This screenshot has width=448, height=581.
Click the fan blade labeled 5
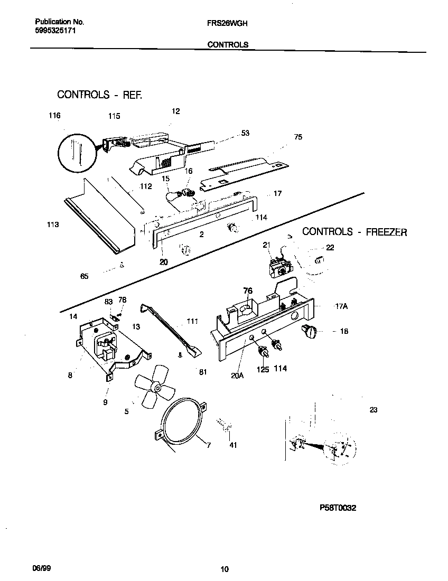153,388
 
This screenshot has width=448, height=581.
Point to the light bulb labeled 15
170,196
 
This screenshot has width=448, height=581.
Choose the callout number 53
245,134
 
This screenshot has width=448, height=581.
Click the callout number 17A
341,306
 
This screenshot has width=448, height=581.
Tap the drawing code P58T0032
338,508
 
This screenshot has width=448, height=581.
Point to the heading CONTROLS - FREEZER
354,232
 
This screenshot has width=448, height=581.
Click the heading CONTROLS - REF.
100,95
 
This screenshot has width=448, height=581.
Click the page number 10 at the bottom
225,569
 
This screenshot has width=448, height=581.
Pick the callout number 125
263,369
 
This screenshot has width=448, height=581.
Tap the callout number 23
374,410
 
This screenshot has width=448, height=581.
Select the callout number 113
53,225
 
